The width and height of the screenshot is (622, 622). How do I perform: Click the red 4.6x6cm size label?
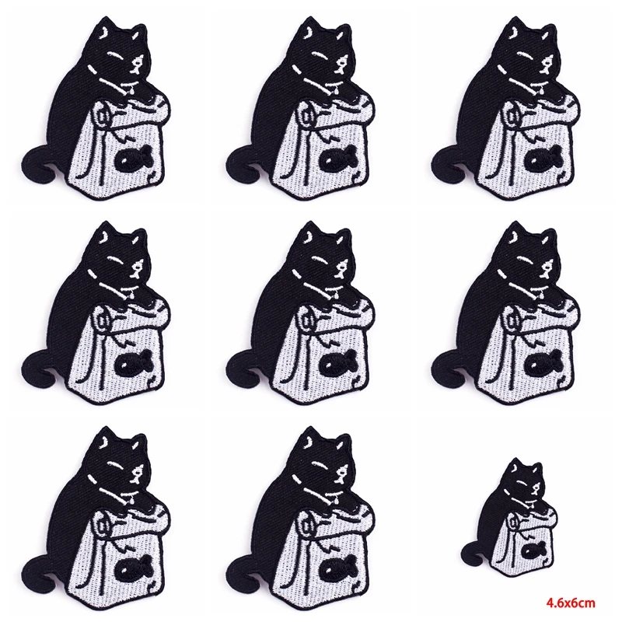[x=571, y=603]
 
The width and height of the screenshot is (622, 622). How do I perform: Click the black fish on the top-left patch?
[x=130, y=159]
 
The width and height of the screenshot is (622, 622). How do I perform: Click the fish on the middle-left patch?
[x=130, y=364]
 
